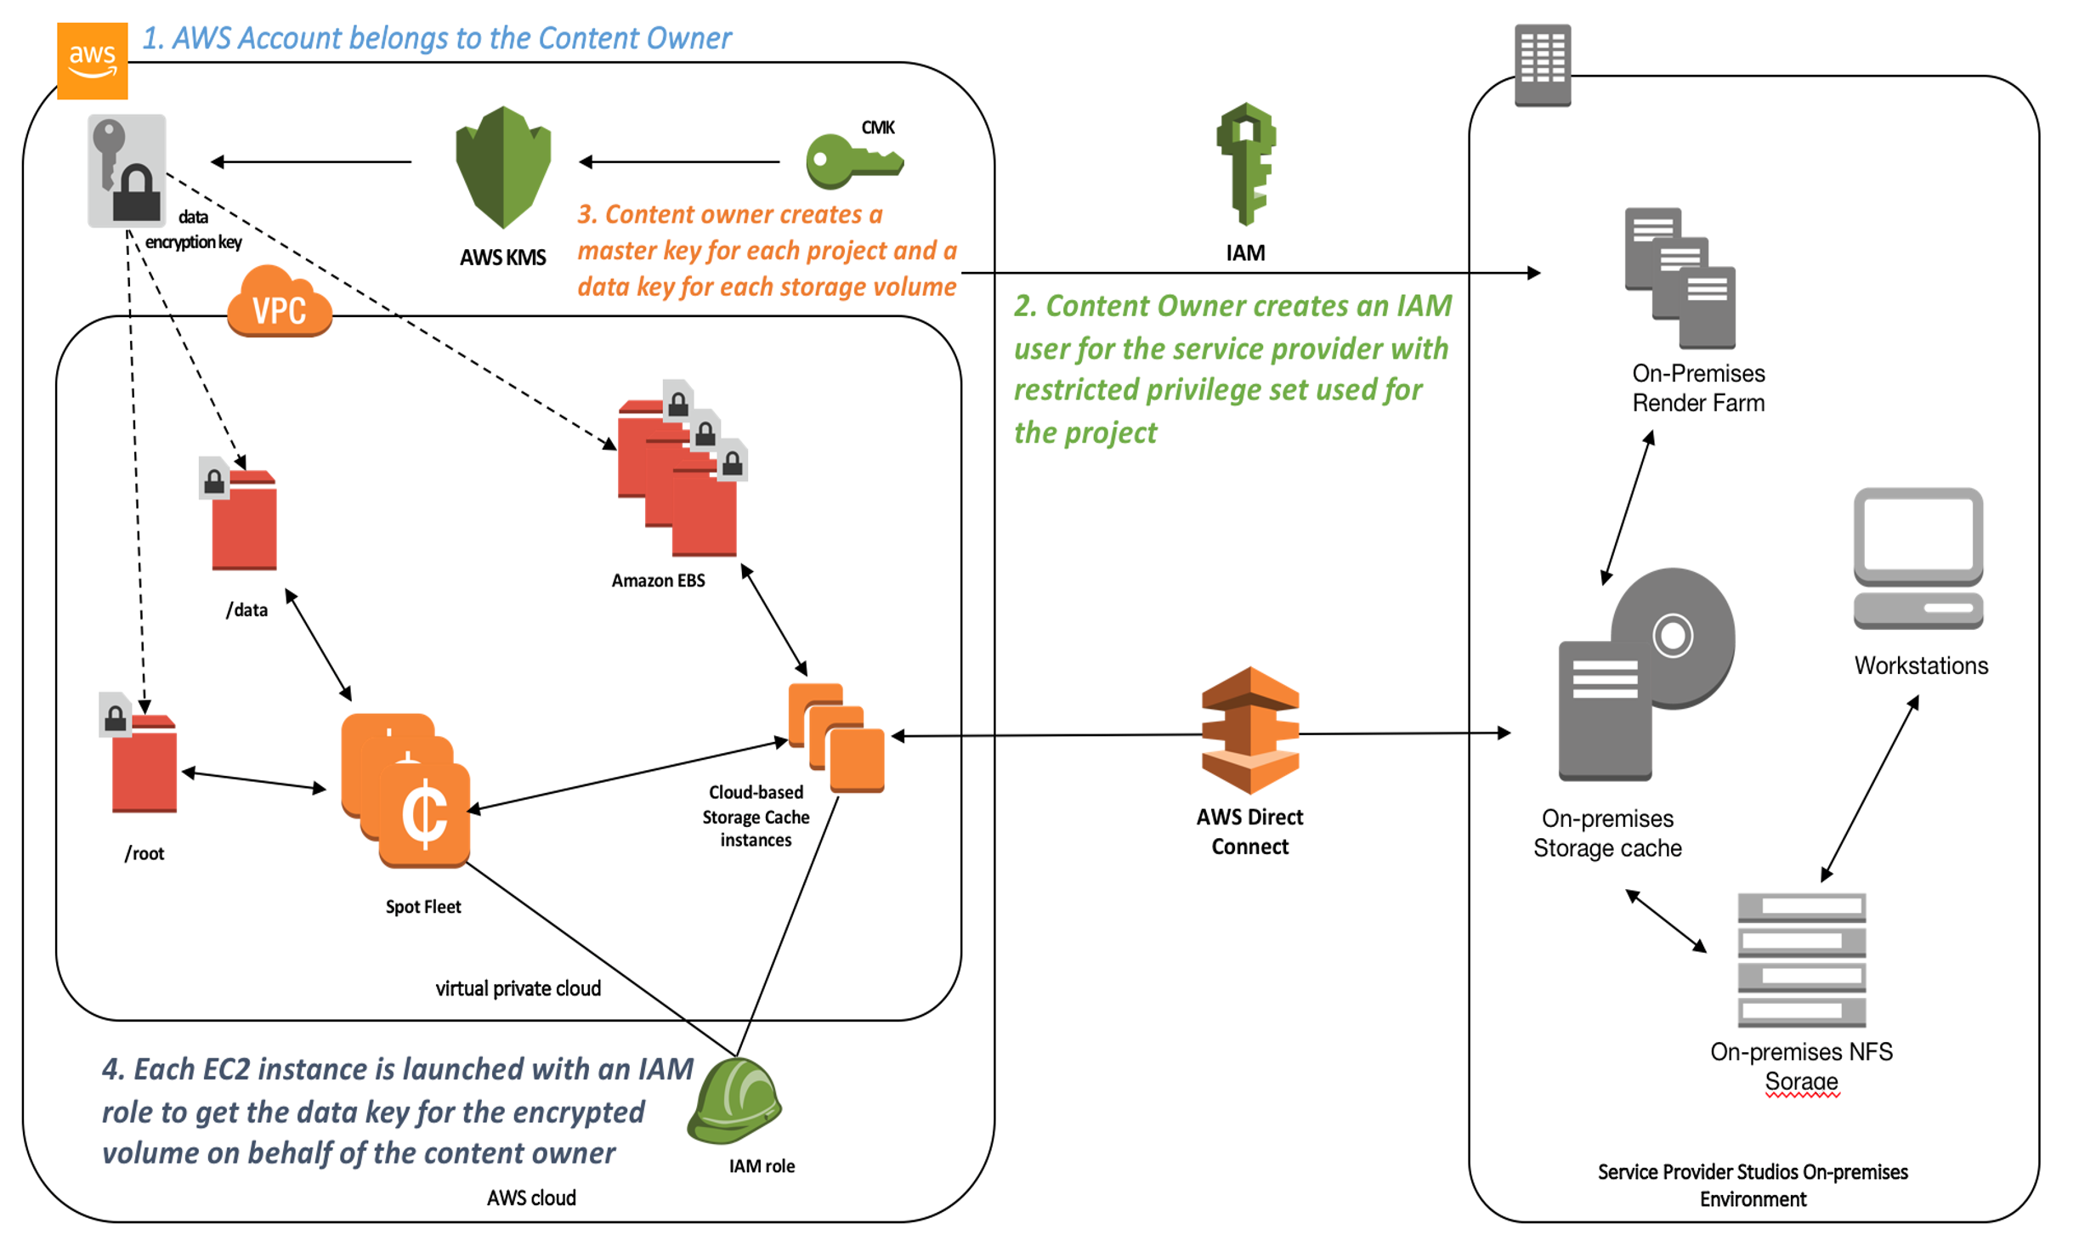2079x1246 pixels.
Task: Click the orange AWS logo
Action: pyautogui.click(x=92, y=60)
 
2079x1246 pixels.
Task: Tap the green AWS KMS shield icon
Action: pyautogui.click(x=503, y=167)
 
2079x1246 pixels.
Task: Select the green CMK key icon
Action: pyautogui.click(x=853, y=161)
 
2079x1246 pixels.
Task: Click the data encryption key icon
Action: pyautogui.click(x=127, y=171)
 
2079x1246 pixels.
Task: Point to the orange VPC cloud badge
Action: pyautogui.click(x=279, y=303)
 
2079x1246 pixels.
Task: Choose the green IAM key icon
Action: pyautogui.click(x=1246, y=163)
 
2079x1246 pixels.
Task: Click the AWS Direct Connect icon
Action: pyautogui.click(x=1249, y=730)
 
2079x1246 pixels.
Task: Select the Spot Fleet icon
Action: pyautogui.click(x=406, y=790)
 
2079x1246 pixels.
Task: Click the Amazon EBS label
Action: pyautogui.click(x=658, y=581)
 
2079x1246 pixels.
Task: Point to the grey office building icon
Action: pyautogui.click(x=1542, y=65)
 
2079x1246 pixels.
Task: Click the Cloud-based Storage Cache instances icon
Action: pyautogui.click(x=836, y=737)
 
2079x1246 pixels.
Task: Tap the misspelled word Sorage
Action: pyautogui.click(x=1801, y=1081)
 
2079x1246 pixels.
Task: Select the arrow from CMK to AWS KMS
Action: pyautogui.click(x=679, y=161)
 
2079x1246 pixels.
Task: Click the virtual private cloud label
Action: pyautogui.click(x=518, y=988)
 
